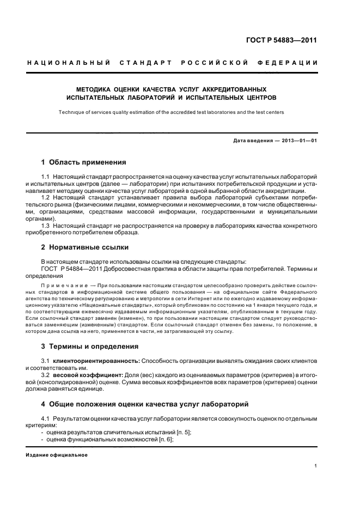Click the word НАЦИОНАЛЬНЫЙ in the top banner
click(x=69, y=63)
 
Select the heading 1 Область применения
click(x=84, y=162)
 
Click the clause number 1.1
click(x=46, y=178)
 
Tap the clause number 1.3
click(x=46, y=225)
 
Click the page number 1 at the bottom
click(x=316, y=466)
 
